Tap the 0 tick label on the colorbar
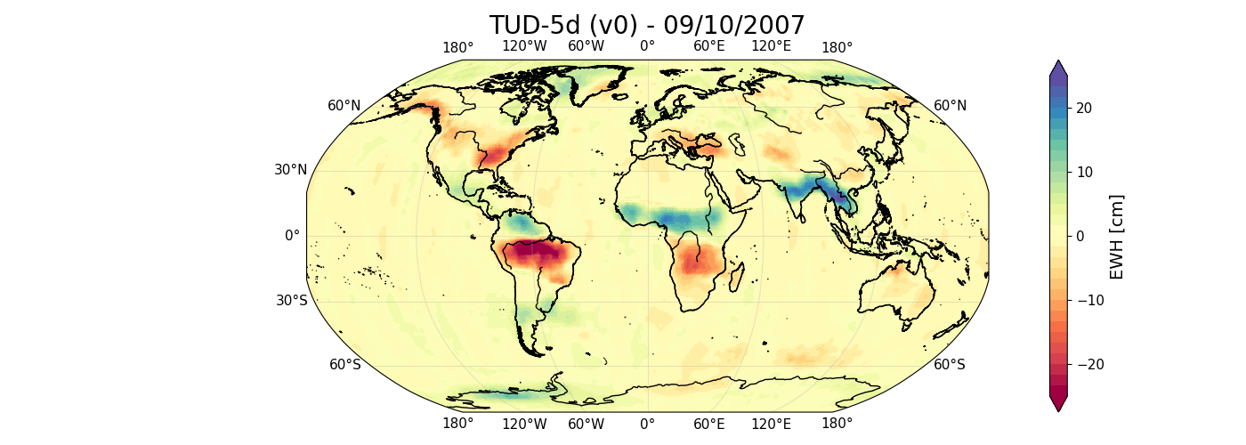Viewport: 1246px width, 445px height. coord(1080,236)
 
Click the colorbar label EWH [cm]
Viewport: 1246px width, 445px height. coord(1117,236)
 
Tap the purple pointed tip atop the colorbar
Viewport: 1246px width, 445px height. coord(1058,68)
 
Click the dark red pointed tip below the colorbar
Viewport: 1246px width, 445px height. coord(1058,404)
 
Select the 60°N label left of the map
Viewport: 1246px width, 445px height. coord(344,106)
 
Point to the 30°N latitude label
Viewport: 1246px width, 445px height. coord(291,170)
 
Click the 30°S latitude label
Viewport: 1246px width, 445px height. coord(291,300)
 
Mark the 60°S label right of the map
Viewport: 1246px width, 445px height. coord(950,364)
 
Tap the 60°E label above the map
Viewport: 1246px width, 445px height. coord(709,47)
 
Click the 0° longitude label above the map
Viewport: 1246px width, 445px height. coord(648,47)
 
